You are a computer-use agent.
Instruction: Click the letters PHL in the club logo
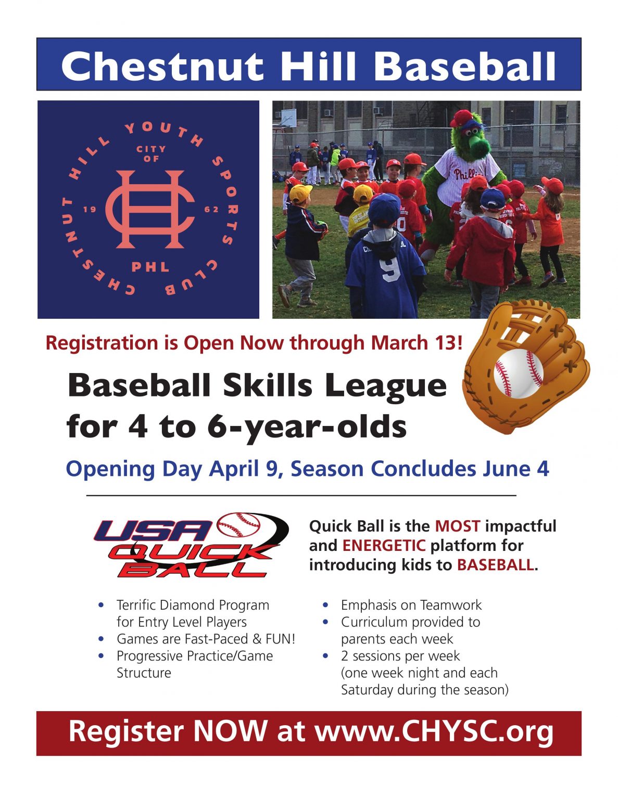point(150,267)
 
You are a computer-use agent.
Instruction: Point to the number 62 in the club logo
point(211,210)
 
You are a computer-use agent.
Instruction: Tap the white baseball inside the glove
point(518,372)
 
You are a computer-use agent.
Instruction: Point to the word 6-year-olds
point(307,427)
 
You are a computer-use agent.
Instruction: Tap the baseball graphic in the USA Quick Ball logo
point(238,524)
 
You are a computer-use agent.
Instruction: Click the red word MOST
point(457,526)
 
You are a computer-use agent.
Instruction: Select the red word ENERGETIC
point(384,546)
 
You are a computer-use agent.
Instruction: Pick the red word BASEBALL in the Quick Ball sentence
point(495,565)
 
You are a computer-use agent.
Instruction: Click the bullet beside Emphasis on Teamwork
point(326,605)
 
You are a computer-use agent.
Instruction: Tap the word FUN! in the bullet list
point(280,639)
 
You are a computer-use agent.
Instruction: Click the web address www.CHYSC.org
point(434,732)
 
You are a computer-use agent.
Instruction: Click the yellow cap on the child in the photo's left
point(300,193)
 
